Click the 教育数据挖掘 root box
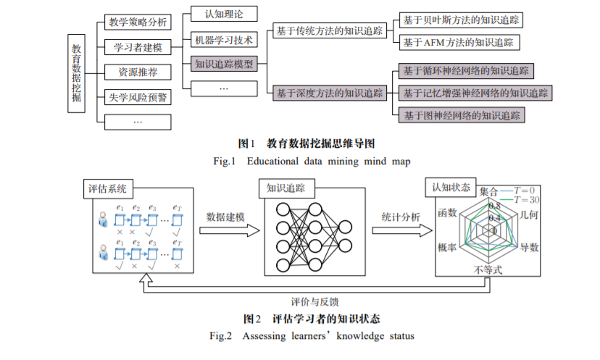click(x=77, y=72)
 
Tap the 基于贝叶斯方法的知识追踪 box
click(x=462, y=20)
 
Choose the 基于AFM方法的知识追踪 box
click(x=458, y=42)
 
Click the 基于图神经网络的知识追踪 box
click(x=462, y=114)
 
